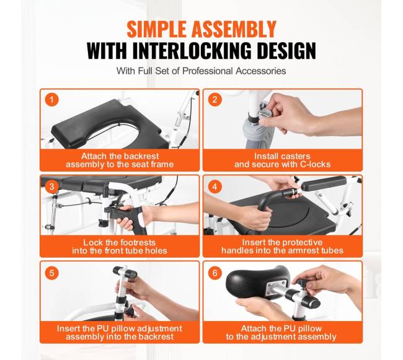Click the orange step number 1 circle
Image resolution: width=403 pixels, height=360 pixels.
[52, 100]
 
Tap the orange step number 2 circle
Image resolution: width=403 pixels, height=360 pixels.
[215, 100]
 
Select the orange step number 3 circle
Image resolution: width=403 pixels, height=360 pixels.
[52, 187]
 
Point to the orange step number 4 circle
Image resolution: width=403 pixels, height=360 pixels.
[215, 187]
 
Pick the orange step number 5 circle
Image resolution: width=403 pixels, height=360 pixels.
[52, 273]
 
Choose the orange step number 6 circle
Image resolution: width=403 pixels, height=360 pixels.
[215, 273]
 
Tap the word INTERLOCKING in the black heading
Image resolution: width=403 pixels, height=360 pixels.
[192, 51]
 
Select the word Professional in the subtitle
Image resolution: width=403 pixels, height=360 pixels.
[208, 71]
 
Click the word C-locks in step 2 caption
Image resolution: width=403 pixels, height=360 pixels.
[315, 164]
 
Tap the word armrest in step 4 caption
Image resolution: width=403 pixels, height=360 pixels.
[306, 250]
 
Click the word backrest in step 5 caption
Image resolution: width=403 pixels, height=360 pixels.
[157, 336]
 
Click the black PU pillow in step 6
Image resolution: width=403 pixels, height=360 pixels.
[258, 282]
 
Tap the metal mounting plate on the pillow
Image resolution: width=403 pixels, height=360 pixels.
[277, 287]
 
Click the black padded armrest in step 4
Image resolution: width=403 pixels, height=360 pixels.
[324, 183]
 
